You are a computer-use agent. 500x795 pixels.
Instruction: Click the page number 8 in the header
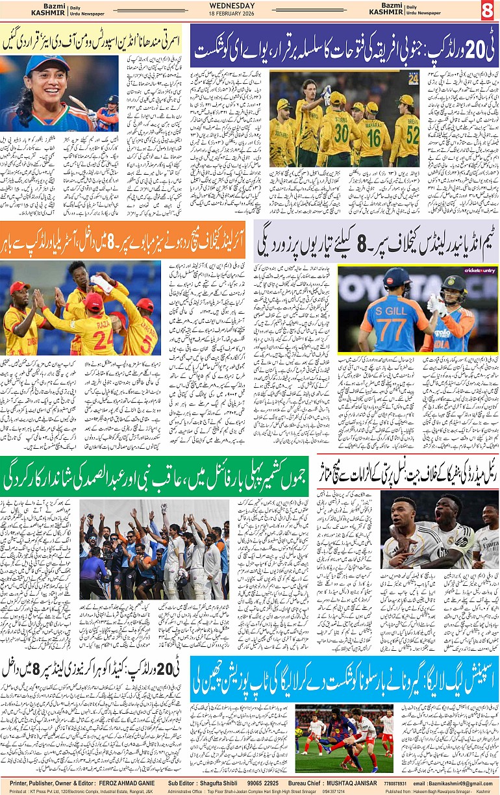click(x=487, y=10)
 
